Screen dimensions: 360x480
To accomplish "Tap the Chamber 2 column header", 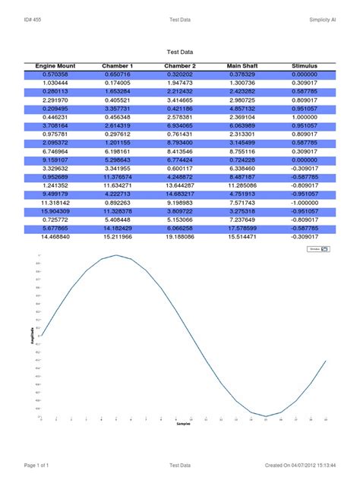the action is click(180, 66).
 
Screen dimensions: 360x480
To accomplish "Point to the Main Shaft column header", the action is click(242, 66).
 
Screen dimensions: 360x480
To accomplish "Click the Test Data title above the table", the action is click(179, 52).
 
